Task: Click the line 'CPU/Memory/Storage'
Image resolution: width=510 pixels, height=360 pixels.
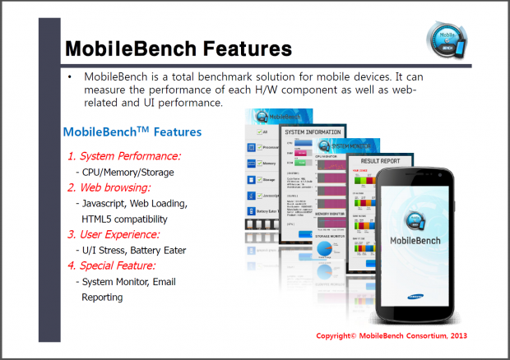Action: pyautogui.click(x=128, y=172)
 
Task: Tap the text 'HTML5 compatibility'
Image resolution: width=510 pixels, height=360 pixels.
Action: pyautogui.click(x=124, y=219)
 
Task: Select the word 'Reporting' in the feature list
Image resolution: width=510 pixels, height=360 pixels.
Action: pyautogui.click(x=102, y=297)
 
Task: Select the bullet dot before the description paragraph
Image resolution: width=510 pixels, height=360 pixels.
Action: pyautogui.click(x=71, y=77)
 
